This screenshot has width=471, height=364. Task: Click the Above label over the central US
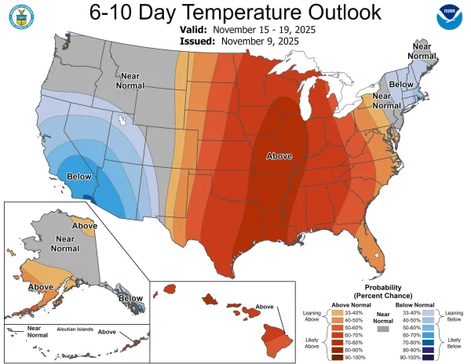(x=279, y=155)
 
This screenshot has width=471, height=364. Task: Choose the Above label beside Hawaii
(x=265, y=307)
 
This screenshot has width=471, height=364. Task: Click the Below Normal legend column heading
(x=414, y=304)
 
